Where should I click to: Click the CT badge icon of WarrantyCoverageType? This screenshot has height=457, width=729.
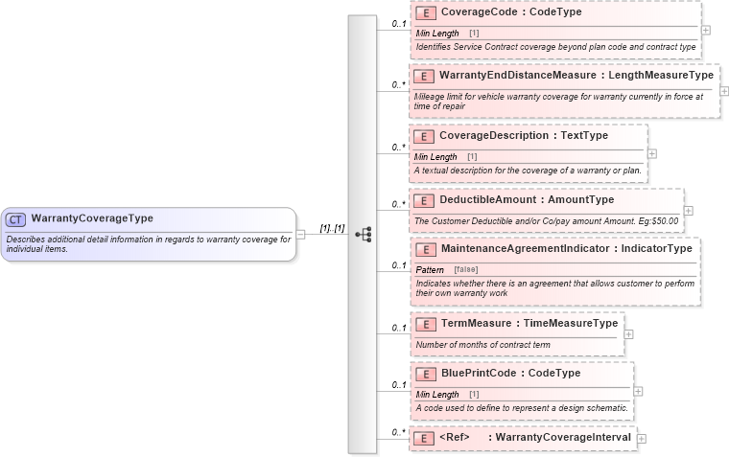(x=16, y=219)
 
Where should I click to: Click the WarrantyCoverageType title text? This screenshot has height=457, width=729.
(x=91, y=218)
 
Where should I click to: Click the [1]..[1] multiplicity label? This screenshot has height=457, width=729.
(x=332, y=229)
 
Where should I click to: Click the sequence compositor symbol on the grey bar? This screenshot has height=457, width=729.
(x=363, y=234)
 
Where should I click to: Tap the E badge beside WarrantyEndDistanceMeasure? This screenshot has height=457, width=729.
(x=424, y=75)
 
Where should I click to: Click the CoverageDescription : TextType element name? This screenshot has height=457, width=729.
(x=523, y=136)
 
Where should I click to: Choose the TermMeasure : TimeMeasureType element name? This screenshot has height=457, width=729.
(x=528, y=323)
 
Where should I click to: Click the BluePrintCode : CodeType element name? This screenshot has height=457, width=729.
(x=509, y=373)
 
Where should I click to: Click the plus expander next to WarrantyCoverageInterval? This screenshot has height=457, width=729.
(x=642, y=438)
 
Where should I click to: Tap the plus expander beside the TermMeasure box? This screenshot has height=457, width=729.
(x=628, y=334)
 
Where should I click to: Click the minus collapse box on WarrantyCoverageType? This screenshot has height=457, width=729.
(x=300, y=234)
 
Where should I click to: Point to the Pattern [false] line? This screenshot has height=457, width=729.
(x=447, y=269)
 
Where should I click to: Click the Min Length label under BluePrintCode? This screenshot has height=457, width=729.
(x=436, y=394)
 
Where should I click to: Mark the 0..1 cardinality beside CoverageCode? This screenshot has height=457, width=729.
(x=399, y=23)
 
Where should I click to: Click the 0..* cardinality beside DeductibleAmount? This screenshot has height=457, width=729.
(x=399, y=204)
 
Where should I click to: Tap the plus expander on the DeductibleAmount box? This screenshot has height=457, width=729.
(x=688, y=210)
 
